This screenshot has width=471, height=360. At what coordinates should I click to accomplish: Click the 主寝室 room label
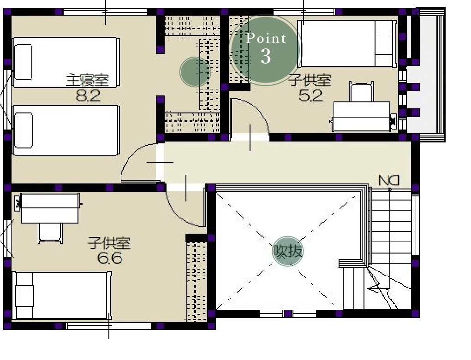click(87, 80)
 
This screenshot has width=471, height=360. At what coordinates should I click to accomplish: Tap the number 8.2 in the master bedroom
click(88, 96)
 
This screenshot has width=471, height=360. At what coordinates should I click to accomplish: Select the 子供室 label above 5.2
click(310, 80)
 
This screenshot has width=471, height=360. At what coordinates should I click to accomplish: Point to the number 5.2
click(310, 95)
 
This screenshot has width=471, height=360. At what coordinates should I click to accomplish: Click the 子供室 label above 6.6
click(109, 243)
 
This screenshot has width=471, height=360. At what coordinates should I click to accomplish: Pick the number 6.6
click(110, 258)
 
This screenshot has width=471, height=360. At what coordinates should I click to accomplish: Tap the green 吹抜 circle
click(288, 251)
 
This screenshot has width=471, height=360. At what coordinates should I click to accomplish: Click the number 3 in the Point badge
click(266, 56)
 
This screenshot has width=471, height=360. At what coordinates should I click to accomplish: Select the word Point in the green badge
click(266, 38)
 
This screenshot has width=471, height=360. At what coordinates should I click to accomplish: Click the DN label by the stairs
click(389, 180)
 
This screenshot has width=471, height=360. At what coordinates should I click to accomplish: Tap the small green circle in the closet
click(195, 72)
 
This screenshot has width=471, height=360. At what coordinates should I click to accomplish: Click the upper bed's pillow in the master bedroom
click(23, 62)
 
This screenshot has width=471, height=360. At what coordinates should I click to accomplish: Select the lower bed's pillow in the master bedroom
click(24, 130)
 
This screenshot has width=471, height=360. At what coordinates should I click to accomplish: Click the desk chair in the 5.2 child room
click(361, 92)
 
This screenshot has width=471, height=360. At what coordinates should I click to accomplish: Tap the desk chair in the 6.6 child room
click(50, 233)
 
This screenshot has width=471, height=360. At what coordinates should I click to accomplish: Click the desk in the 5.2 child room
click(362, 117)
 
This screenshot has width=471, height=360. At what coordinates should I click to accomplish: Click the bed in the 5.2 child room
click(347, 44)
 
